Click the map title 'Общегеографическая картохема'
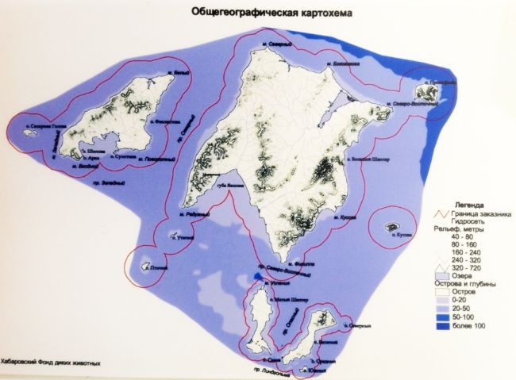[265, 13]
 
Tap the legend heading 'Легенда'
[459, 203]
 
